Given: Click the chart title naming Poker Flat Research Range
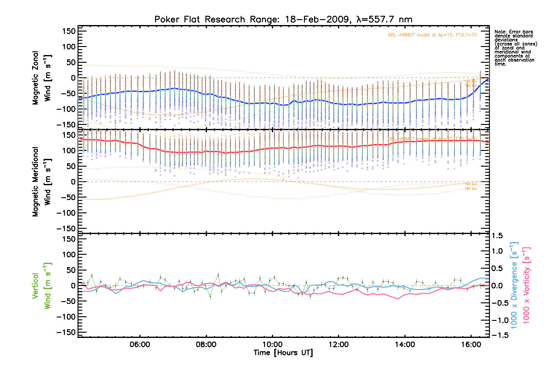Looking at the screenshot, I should pos(283,19).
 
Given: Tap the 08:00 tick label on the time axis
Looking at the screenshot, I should pos(206,344).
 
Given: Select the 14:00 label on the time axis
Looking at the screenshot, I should pos(405,344).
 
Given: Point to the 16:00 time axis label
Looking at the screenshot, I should pos(471,344).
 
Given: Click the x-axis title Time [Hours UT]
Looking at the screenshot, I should pos(283,353).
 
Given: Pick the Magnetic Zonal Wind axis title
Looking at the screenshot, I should pos(41,78).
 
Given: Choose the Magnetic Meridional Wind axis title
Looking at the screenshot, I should pos(41,181).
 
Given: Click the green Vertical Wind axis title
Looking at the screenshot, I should pos(41,286).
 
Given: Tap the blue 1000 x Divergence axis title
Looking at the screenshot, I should pos(514,285).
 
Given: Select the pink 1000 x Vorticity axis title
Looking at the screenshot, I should pos(526,285).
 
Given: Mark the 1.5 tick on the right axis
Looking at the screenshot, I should pos(497,236).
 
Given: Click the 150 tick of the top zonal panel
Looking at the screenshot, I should pos(69,31).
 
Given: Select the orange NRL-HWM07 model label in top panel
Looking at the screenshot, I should pos(432,35).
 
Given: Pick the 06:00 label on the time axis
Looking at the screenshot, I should pos(140,344).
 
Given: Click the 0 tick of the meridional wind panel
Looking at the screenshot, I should pos(73,182).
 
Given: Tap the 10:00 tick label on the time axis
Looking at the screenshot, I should pos(272,344).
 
